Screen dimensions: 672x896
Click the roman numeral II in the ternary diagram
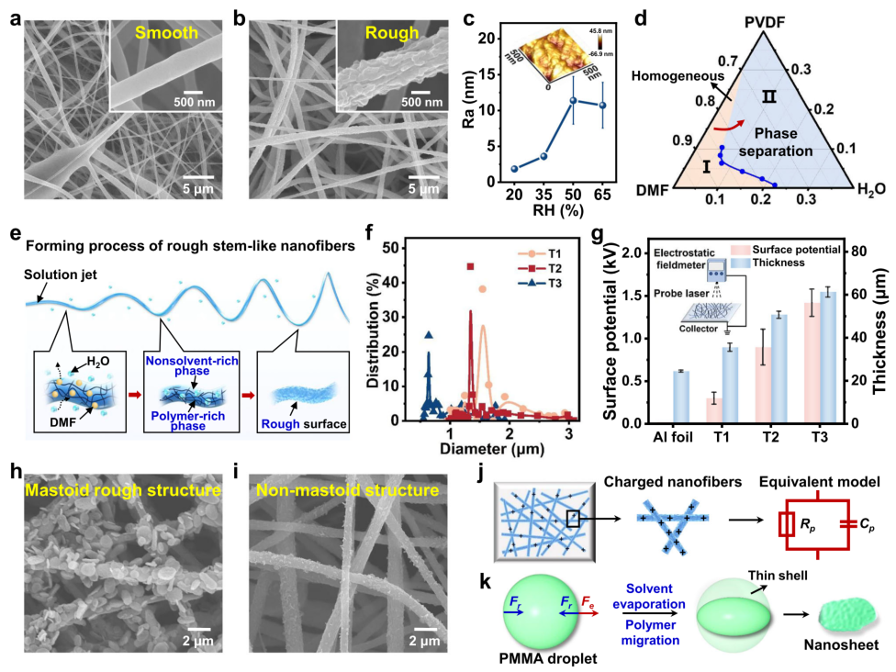769,95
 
